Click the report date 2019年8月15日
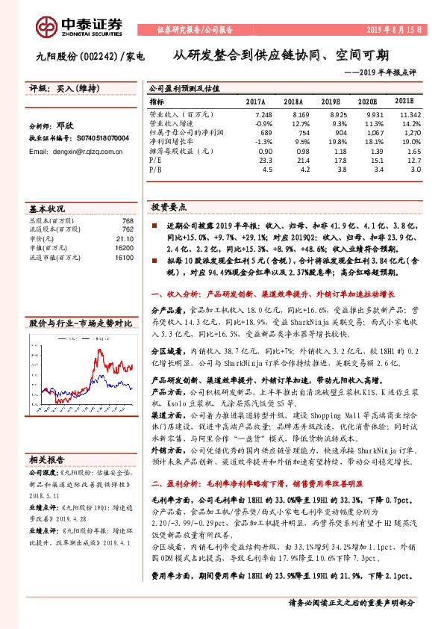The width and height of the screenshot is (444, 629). [x=396, y=30]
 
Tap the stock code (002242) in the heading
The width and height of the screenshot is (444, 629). [x=96, y=56]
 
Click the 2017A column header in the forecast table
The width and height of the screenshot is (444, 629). [x=255, y=101]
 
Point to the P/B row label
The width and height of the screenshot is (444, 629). [x=156, y=169]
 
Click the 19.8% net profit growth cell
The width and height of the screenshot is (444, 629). [x=330, y=140]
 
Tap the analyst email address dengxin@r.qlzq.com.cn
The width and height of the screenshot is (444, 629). [x=75, y=151]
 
